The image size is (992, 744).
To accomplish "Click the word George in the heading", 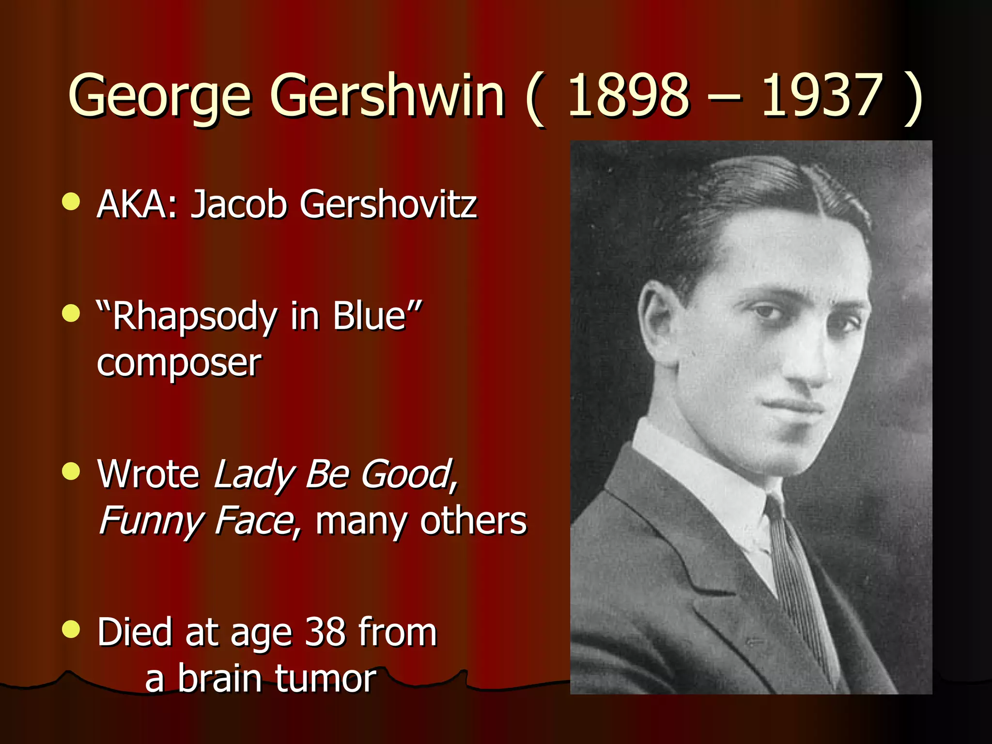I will pos(160,97).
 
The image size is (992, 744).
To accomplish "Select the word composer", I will pos(179,363).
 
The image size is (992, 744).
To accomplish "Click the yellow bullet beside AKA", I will pos(71,201).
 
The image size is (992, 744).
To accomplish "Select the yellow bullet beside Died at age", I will pos(71,629).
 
